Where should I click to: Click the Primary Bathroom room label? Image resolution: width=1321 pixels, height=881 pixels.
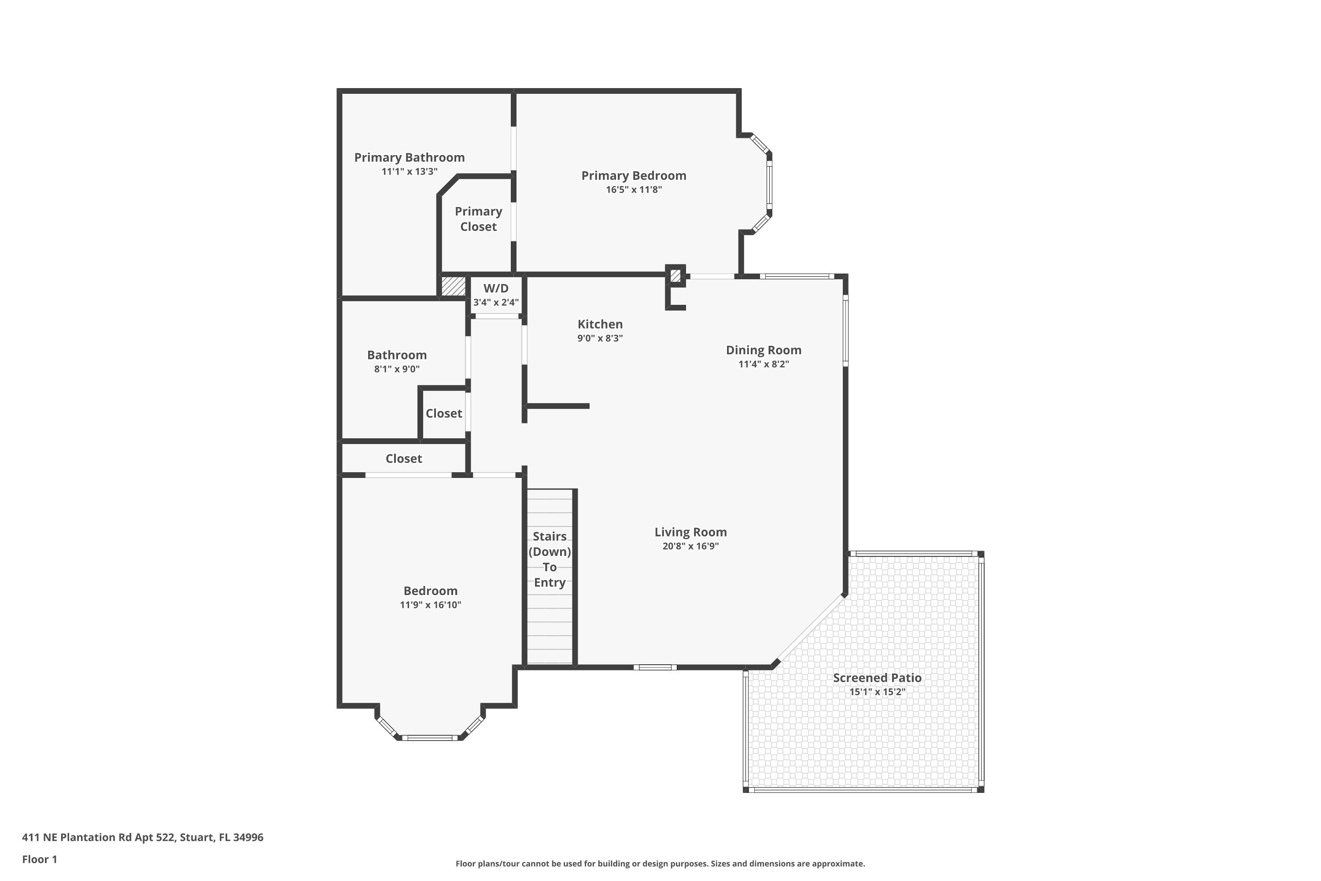pos(409,157)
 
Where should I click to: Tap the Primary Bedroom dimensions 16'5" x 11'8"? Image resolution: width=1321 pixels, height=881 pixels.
pos(633,190)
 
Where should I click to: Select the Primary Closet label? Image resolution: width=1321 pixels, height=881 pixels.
pos(478,218)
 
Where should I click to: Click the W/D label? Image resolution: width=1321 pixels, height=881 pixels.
pos(495,288)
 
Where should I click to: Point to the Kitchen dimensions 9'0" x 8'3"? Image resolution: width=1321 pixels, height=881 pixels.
pos(600,338)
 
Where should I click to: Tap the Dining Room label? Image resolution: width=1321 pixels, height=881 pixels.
pos(763,350)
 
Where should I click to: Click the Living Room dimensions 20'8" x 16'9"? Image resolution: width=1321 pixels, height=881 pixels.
pos(690,546)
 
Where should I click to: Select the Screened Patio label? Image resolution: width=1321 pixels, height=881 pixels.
pos(877,677)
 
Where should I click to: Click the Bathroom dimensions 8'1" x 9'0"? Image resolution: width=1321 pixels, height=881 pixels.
pos(397,369)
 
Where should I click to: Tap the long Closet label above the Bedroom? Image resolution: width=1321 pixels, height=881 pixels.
pos(403,459)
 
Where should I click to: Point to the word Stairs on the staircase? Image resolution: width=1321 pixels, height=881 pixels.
pos(549,536)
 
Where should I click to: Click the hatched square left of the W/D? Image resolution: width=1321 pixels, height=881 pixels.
pos(453,286)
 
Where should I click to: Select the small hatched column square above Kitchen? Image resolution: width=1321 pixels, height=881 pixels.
pos(675,276)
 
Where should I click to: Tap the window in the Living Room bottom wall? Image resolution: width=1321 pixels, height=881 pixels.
pos(656,667)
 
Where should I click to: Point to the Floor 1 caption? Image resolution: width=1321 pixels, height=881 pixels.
pos(39,859)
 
